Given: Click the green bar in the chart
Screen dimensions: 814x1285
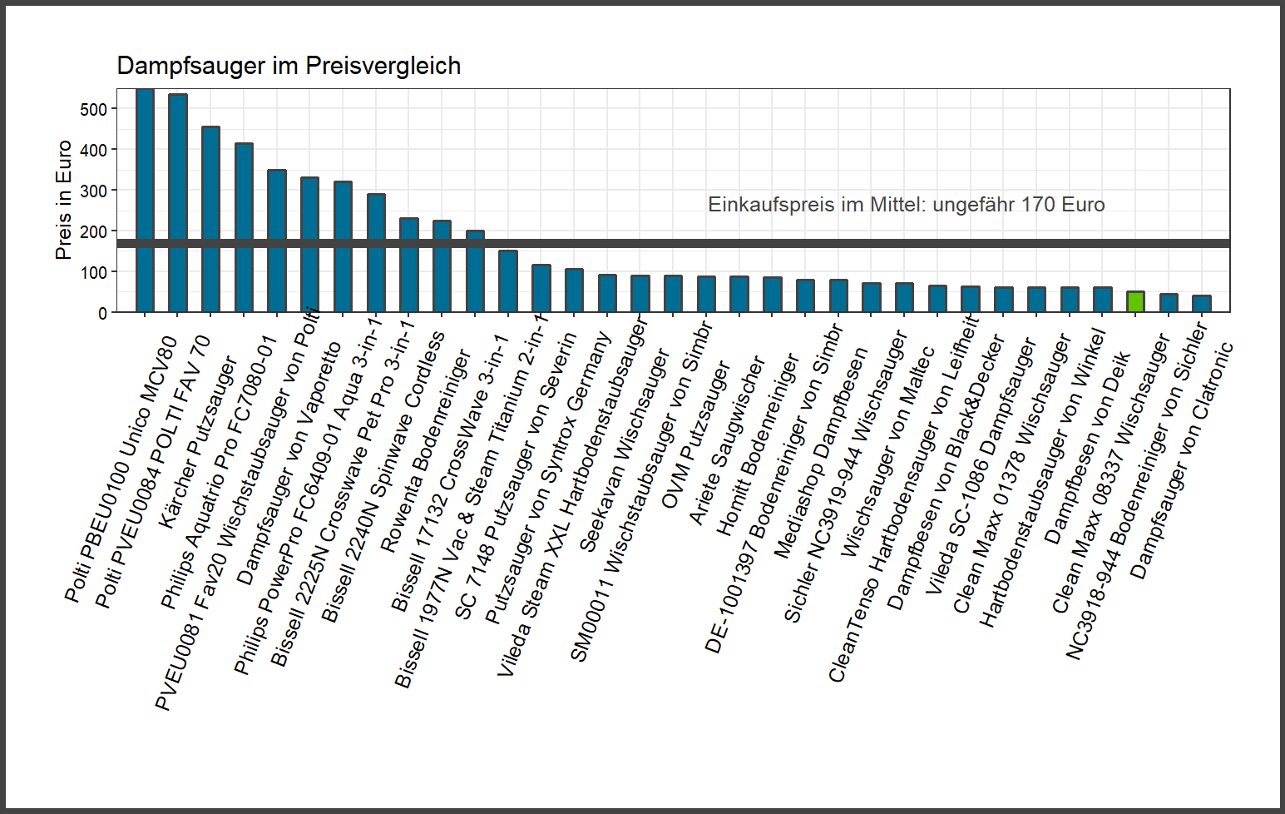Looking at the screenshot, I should point(1135,302).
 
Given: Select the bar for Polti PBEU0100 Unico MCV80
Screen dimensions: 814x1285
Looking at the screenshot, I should point(145,200).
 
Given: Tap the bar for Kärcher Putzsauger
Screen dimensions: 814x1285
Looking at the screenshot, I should point(210,220).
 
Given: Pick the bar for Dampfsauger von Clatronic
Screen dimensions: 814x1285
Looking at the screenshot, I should point(1201,304).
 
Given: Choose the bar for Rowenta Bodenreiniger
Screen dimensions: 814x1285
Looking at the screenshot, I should point(442,266).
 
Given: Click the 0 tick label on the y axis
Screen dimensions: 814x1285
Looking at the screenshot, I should point(102,314).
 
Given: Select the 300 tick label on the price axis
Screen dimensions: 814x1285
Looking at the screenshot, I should point(94,191).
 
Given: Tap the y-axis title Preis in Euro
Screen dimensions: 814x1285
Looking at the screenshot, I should point(63,200).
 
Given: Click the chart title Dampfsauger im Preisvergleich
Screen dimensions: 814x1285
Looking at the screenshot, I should point(289,66).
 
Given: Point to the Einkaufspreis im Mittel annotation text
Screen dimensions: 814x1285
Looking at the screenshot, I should point(906,205).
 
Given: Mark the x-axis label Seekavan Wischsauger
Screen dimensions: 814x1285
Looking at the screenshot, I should point(624,449).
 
